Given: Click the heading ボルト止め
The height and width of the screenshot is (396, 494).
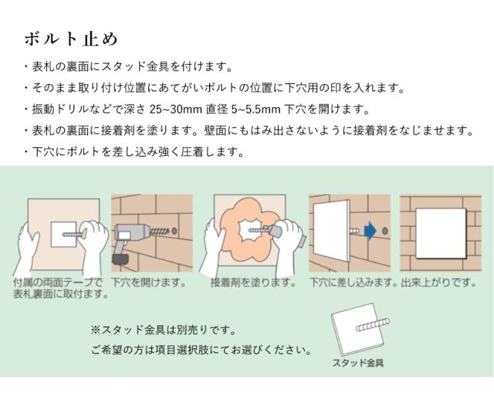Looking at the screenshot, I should pyautogui.click(x=70, y=39).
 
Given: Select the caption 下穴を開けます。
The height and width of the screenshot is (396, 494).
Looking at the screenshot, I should pyautogui.click(x=148, y=283).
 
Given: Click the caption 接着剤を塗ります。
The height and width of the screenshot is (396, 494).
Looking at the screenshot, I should pyautogui.click(x=253, y=283).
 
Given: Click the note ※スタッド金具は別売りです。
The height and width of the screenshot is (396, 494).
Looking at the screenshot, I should pyautogui.click(x=164, y=330).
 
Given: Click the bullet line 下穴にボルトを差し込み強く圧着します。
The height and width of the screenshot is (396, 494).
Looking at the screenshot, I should pyautogui.click(x=134, y=152).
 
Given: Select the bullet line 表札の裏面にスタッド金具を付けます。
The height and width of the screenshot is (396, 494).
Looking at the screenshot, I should pyautogui.click(x=128, y=67).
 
